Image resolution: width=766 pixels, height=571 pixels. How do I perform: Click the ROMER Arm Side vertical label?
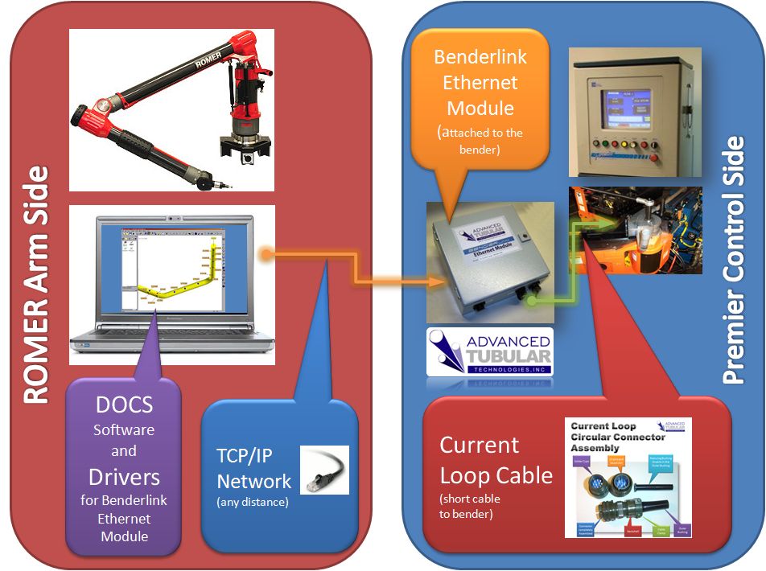coord(36,285)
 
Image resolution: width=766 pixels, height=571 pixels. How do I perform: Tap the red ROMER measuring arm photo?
coord(171,110)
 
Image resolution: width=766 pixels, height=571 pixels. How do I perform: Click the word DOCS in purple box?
coord(124,405)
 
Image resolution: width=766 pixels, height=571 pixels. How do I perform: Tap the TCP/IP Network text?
coord(253,468)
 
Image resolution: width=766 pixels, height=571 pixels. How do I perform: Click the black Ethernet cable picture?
coord(324,470)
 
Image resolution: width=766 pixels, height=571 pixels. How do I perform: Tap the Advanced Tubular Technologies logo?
coord(489,351)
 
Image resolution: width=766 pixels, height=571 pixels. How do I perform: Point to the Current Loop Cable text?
coord(496,460)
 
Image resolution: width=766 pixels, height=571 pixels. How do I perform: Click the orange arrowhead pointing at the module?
coord(434,281)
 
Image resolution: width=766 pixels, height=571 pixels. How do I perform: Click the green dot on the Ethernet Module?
coord(530,302)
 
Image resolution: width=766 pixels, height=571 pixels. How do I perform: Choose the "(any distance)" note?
coord(253,503)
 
